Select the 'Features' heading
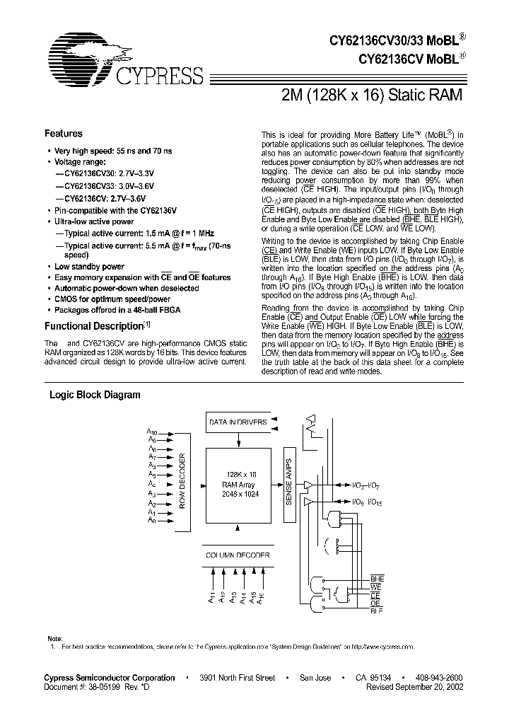tap(64, 134)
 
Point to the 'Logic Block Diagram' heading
tap(94, 395)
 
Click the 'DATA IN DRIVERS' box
tap(237, 422)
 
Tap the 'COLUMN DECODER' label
tap(237, 555)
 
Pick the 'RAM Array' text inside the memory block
tap(237, 485)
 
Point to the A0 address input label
tap(151, 520)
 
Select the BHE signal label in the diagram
tap(378, 579)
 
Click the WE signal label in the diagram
tap(376, 588)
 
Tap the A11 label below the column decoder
tap(211, 598)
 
